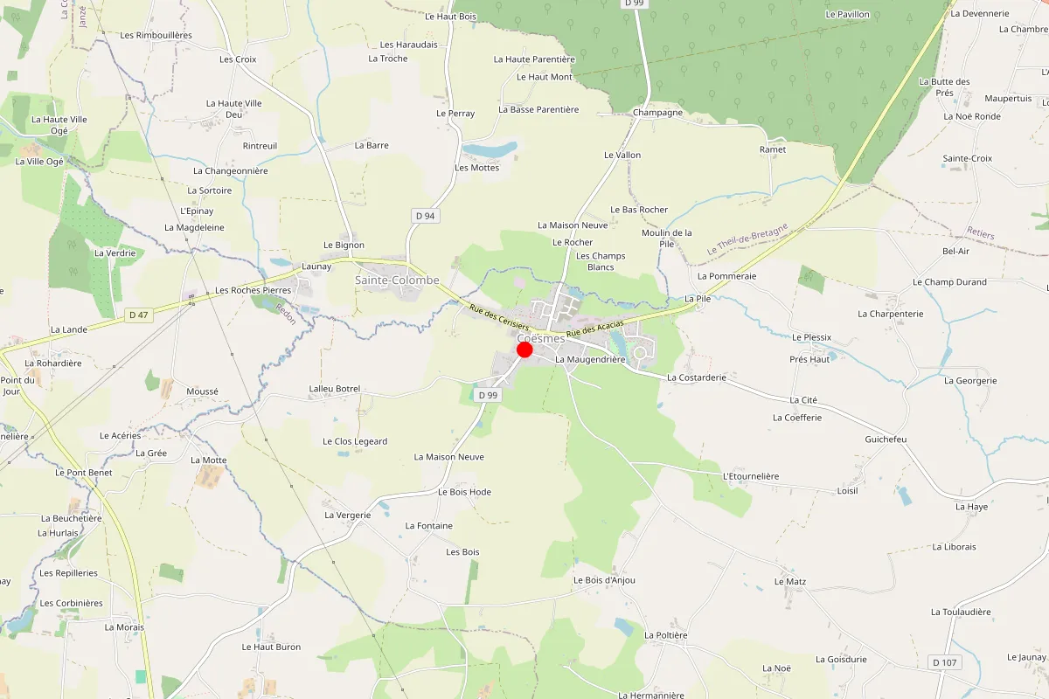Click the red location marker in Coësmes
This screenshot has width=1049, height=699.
[524, 349]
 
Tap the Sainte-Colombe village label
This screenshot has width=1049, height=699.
[397, 280]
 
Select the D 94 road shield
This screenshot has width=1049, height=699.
[425, 216]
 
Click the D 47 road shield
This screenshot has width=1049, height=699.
[138, 315]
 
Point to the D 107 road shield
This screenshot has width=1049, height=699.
[945, 662]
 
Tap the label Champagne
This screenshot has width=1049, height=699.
[657, 113]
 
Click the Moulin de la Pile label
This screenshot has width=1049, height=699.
[666, 238]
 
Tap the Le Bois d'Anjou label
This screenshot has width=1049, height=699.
[604, 580]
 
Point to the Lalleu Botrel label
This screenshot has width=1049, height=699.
[335, 389]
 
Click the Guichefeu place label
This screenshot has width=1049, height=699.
[886, 439]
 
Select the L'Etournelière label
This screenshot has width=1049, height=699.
[751, 476]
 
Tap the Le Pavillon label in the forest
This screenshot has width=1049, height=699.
[848, 15]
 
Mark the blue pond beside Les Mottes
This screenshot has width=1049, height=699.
[490, 150]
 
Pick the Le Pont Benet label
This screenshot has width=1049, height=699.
[84, 473]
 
